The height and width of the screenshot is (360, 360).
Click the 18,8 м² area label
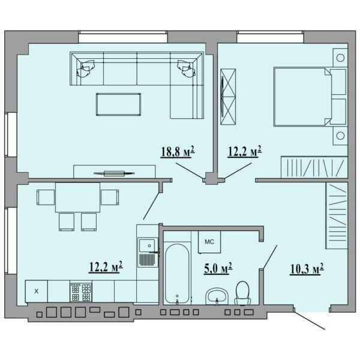pyautogui.click(x=178, y=152)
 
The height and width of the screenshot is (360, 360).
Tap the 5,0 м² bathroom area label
pyautogui.click(x=218, y=268)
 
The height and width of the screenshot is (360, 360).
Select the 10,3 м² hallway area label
pyautogui.click(x=307, y=268)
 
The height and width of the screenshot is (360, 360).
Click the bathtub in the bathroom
pyautogui.click(x=177, y=273)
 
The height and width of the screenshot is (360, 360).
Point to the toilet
pyautogui.click(x=242, y=293)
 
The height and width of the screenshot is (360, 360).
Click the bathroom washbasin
pyautogui.click(x=217, y=296)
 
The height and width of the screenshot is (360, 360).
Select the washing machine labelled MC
pyautogui.click(x=209, y=242)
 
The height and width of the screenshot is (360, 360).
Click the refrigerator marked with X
pyautogui.click(x=37, y=292)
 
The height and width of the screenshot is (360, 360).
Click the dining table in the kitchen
pyautogui.click(x=78, y=197)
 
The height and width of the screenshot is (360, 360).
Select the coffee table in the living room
pyautogui.click(x=118, y=104)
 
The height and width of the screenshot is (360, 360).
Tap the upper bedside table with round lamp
pyautogui.click(x=340, y=58)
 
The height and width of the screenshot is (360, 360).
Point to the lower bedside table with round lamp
pyautogui.click(x=340, y=136)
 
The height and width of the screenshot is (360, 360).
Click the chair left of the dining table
pyautogui.click(x=46, y=197)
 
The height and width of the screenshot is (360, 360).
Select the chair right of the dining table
pyautogui.click(x=110, y=197)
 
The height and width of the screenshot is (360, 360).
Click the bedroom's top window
pyautogui.click(x=271, y=37)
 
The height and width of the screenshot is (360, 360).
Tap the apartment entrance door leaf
pyautogui.click(x=310, y=320)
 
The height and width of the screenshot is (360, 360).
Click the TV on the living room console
pyautogui.click(x=115, y=173)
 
